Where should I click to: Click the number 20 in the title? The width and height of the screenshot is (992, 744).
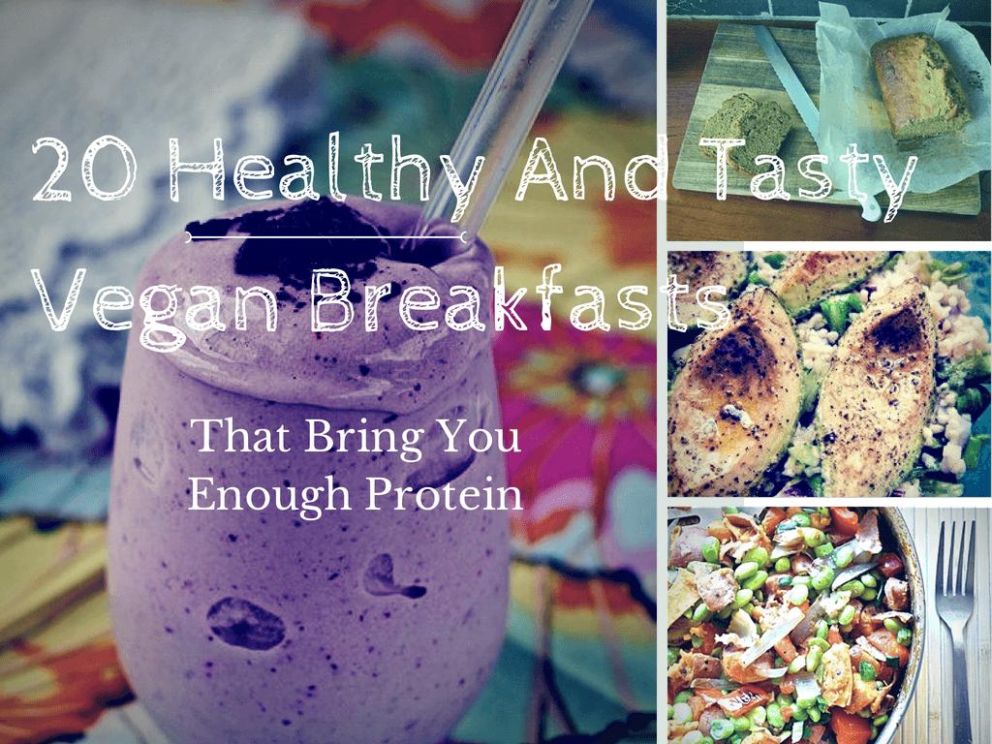pos(85,169)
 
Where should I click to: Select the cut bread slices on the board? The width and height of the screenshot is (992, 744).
pos(747,131)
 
